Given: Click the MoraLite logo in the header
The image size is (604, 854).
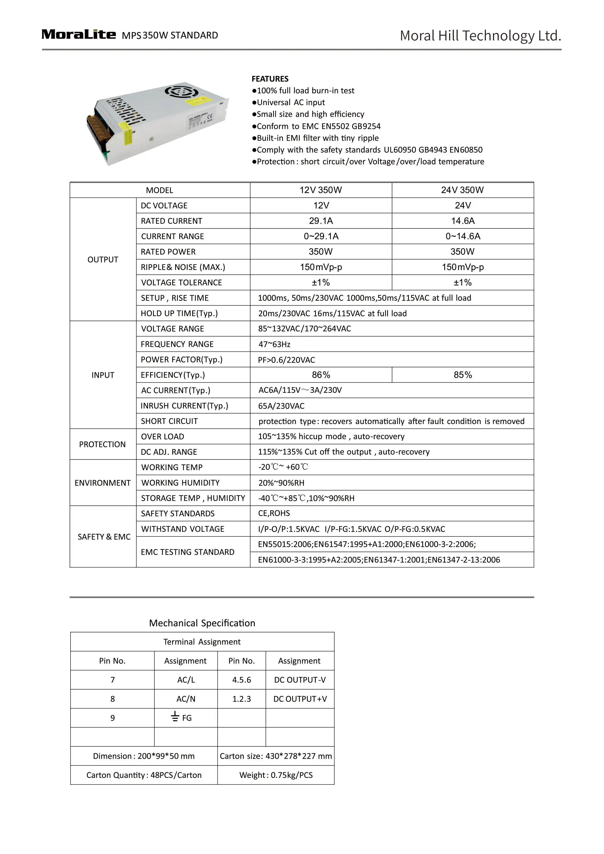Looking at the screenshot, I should coord(79,34).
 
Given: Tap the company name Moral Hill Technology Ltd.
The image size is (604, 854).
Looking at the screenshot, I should coord(480,36).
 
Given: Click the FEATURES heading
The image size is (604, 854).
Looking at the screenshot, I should coord(270,79).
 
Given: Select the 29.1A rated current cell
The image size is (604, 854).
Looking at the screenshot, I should coord(320,221).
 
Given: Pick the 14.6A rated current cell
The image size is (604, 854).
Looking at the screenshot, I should coord(463,221).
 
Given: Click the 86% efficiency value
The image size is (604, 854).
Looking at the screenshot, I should coord(320,375).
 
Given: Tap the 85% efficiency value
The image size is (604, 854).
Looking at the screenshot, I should coord(463,375).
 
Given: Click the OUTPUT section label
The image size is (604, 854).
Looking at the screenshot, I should coord(103,260).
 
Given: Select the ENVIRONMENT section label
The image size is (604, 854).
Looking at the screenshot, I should coord(103,483).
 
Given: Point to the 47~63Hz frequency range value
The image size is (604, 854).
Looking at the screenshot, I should coord(275,344).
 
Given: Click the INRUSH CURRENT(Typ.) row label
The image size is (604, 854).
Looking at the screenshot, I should coord(185,406).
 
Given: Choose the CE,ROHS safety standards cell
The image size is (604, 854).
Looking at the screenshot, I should coord(274,513).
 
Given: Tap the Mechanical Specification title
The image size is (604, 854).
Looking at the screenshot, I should coord(202,623).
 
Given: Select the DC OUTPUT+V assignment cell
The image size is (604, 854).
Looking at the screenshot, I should coord(300,699).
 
